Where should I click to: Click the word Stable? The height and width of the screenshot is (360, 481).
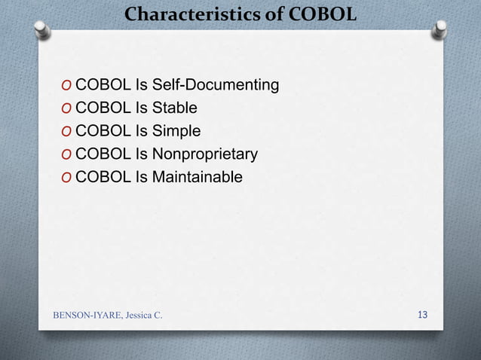point(176,108)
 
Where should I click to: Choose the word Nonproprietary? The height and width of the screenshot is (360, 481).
point(206,154)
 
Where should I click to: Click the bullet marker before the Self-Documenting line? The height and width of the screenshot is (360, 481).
point(67,85)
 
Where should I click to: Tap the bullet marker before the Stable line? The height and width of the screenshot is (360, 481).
point(67,108)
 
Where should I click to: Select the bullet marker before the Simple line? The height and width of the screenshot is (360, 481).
point(67,131)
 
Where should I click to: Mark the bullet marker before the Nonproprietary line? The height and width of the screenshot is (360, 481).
point(67,154)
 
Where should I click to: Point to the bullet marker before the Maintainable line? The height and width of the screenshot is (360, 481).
point(67,177)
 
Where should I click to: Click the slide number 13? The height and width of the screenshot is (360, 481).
point(422,313)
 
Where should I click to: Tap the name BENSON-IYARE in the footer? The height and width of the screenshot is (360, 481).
point(90,314)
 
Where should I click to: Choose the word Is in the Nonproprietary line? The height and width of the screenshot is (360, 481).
point(142,154)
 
